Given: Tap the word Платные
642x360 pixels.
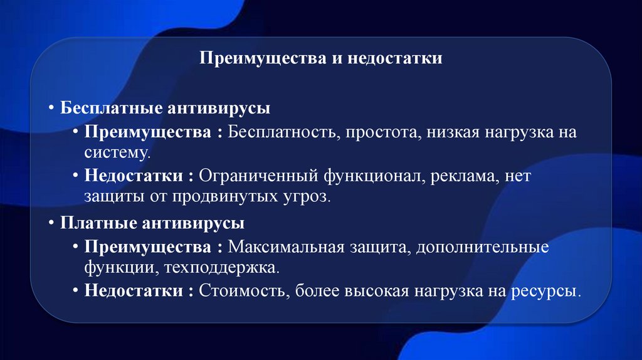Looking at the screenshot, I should click(93, 223).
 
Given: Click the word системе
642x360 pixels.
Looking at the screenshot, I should click(117, 152).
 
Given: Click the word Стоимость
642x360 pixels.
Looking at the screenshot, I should click(243, 291).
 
